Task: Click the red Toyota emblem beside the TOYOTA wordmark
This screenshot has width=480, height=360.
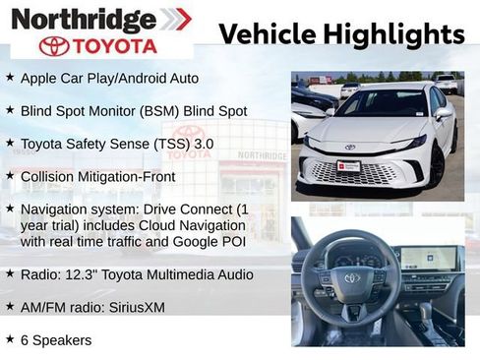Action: coord(54,46)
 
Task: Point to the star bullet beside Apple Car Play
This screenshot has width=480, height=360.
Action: coord(10,77)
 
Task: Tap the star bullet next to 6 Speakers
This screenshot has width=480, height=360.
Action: coord(10,339)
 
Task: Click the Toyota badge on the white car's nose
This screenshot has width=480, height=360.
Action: coord(349,148)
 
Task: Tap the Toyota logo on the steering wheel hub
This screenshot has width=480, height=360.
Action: coord(351,279)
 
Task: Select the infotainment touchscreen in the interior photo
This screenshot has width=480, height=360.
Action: coord(429,258)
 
